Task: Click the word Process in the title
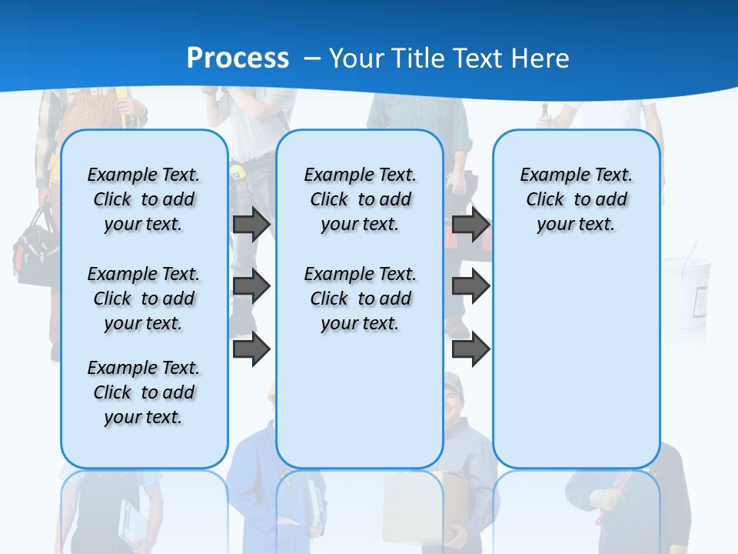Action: [238, 58]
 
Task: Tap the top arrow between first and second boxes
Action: [251, 225]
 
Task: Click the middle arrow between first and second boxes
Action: [251, 287]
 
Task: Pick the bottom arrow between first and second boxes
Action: [251, 349]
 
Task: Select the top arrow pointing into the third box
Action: [470, 225]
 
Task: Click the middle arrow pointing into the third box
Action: [470, 287]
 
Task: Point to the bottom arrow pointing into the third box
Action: [470, 349]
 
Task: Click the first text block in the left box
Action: [144, 199]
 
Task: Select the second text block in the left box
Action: [144, 299]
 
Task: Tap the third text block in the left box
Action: [144, 392]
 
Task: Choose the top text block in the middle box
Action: [360, 199]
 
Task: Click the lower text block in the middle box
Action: [360, 299]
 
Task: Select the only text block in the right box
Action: [576, 199]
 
